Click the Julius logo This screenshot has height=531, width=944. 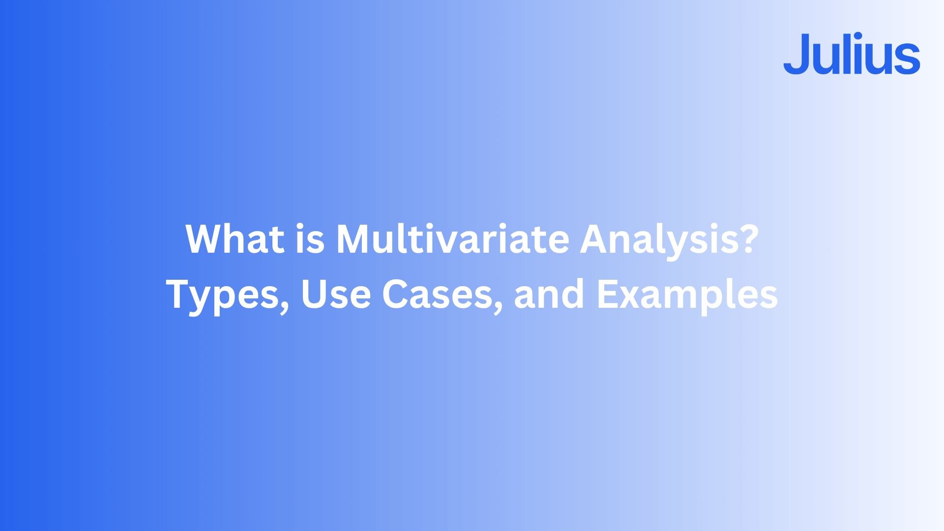(x=852, y=54)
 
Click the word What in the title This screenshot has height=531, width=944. (x=235, y=239)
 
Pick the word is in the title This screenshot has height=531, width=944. (x=310, y=239)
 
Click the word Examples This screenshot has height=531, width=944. (x=687, y=295)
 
